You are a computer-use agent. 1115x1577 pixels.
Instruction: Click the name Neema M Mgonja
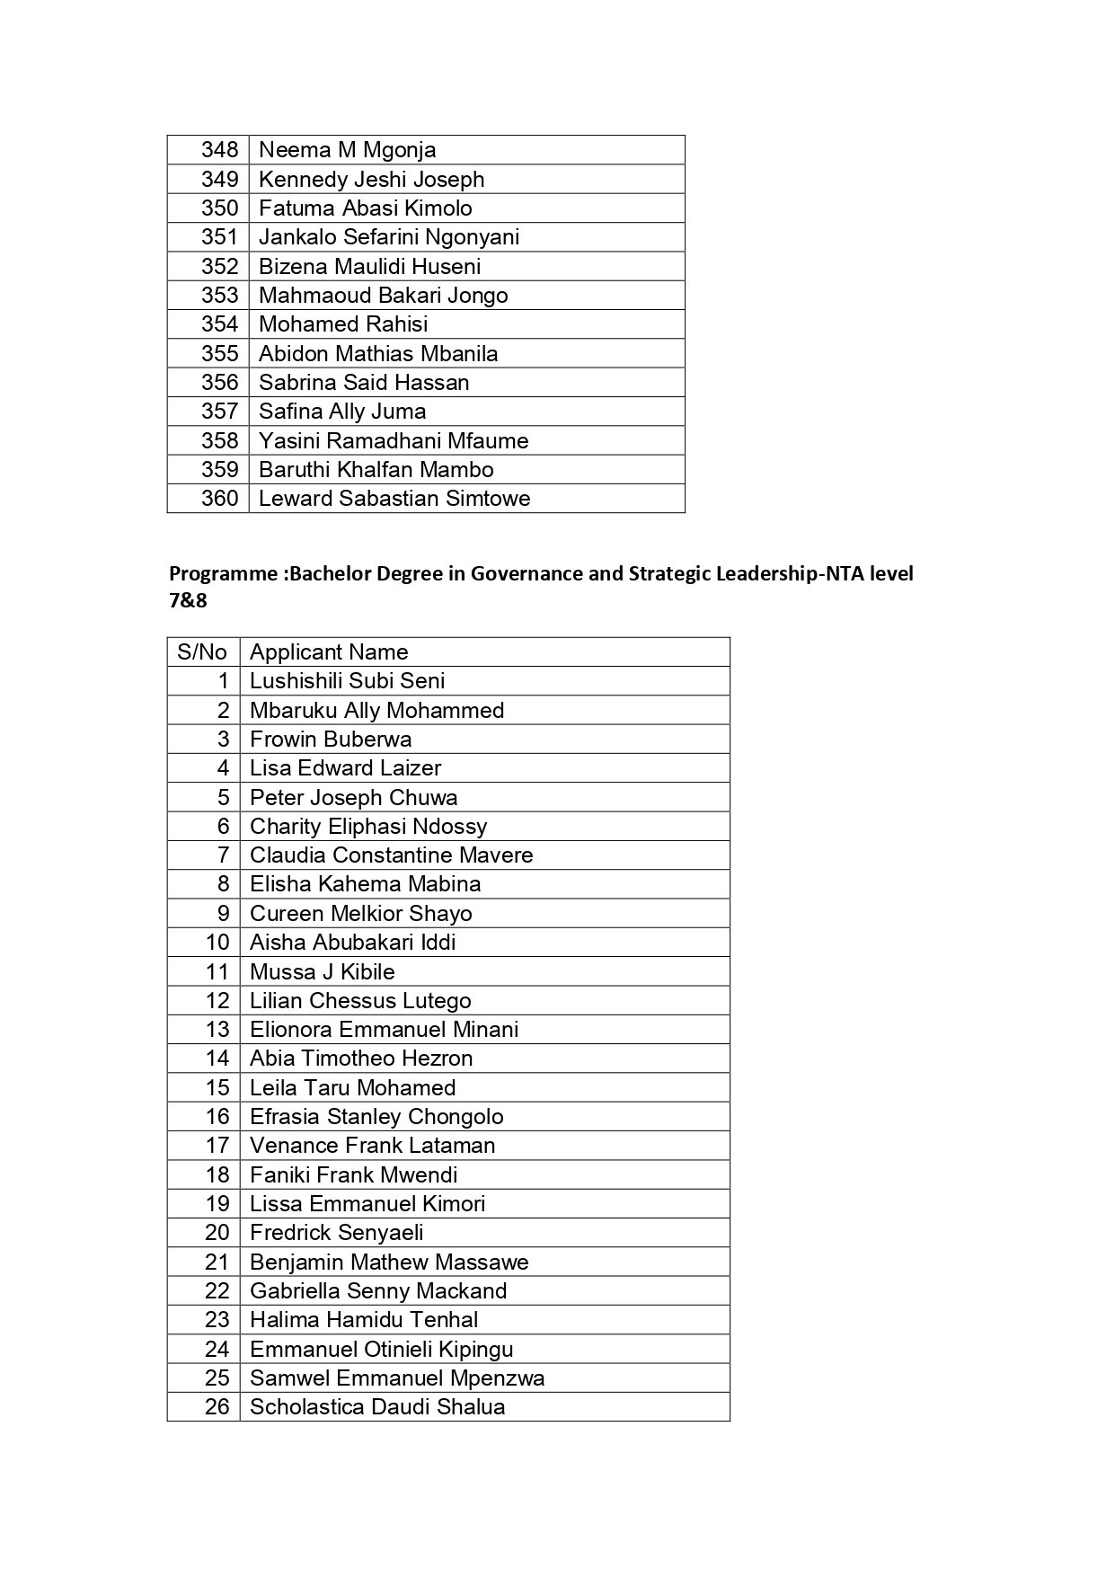tap(347, 150)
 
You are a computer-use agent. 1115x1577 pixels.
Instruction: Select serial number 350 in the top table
tap(219, 208)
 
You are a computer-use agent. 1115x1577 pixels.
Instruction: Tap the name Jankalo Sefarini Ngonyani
tap(389, 237)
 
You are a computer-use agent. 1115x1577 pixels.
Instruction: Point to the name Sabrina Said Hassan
tap(364, 383)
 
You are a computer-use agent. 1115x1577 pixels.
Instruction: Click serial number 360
tap(219, 499)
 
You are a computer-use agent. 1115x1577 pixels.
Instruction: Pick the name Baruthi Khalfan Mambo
tap(376, 470)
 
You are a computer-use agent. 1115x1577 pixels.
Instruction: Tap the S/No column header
tap(202, 652)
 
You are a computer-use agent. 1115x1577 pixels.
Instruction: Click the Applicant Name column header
tap(329, 652)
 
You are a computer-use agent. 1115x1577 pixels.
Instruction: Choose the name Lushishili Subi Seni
tap(347, 681)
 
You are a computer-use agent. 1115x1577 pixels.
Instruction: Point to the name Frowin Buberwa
tap(331, 740)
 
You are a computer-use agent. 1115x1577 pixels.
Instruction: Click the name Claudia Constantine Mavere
tap(391, 855)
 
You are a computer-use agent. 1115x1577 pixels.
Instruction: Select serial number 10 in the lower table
tap(217, 943)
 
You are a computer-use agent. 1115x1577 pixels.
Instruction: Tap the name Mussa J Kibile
tap(322, 971)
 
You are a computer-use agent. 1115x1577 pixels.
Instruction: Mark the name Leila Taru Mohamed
tap(352, 1088)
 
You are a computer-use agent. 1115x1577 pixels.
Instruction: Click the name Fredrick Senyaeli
tap(336, 1233)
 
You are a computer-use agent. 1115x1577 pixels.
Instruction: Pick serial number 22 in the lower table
tap(217, 1291)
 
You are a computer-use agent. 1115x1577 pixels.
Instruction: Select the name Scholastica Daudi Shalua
tap(377, 1407)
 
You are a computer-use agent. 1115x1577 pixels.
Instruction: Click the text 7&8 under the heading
tap(188, 600)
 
